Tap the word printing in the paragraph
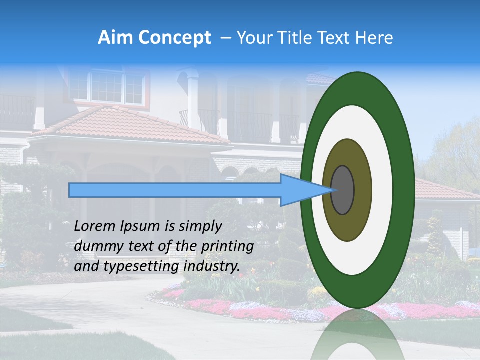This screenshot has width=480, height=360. pos(228,246)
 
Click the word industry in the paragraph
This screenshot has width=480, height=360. pos(212,266)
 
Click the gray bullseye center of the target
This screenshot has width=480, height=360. pos(342,190)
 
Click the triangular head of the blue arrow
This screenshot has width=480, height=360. pos(300,190)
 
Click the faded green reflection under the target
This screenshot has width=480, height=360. pos(358,335)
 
